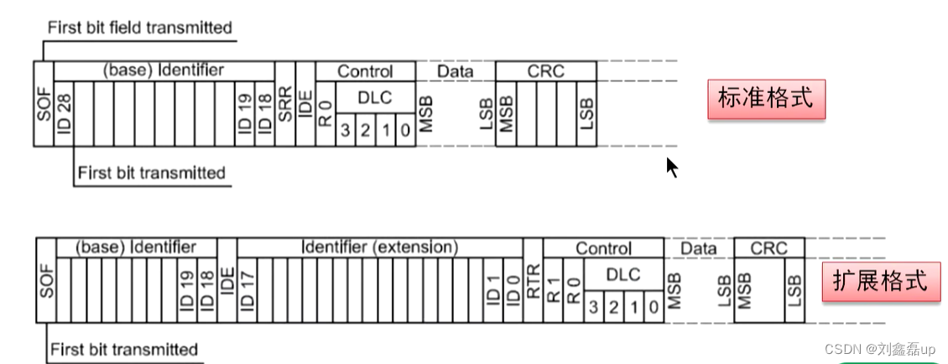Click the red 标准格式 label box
(x=766, y=99)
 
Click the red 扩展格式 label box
(x=880, y=280)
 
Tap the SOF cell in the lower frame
(x=45, y=280)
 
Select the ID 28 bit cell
(x=65, y=114)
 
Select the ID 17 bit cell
(x=247, y=289)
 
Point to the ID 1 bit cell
(x=492, y=289)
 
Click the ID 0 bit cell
(x=513, y=289)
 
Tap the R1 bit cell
(x=553, y=289)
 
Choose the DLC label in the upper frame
(x=374, y=97)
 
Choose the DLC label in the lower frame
(x=622, y=274)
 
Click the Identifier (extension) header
(x=379, y=247)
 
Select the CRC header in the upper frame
(x=545, y=71)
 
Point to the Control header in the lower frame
(x=603, y=248)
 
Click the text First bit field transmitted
(x=139, y=28)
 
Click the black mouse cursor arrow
(x=671, y=166)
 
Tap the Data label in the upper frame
(x=456, y=71)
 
